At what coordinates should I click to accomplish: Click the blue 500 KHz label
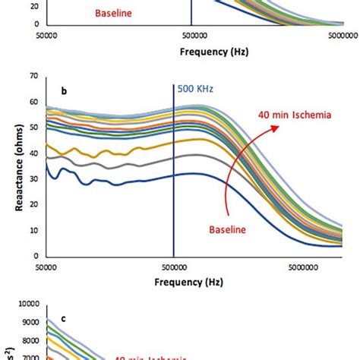pos(194,88)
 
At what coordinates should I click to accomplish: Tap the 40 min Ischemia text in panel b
pos(286,115)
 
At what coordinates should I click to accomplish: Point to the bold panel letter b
pos(65,92)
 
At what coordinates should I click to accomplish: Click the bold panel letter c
pos(64,319)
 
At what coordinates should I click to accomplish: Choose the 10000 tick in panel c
pos(29,304)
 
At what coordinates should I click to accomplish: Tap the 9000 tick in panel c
pos(31,322)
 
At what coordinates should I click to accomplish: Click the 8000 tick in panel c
pos(31,339)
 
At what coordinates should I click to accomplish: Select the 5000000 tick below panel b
pos(308,266)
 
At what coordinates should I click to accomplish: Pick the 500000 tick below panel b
pos(174,266)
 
